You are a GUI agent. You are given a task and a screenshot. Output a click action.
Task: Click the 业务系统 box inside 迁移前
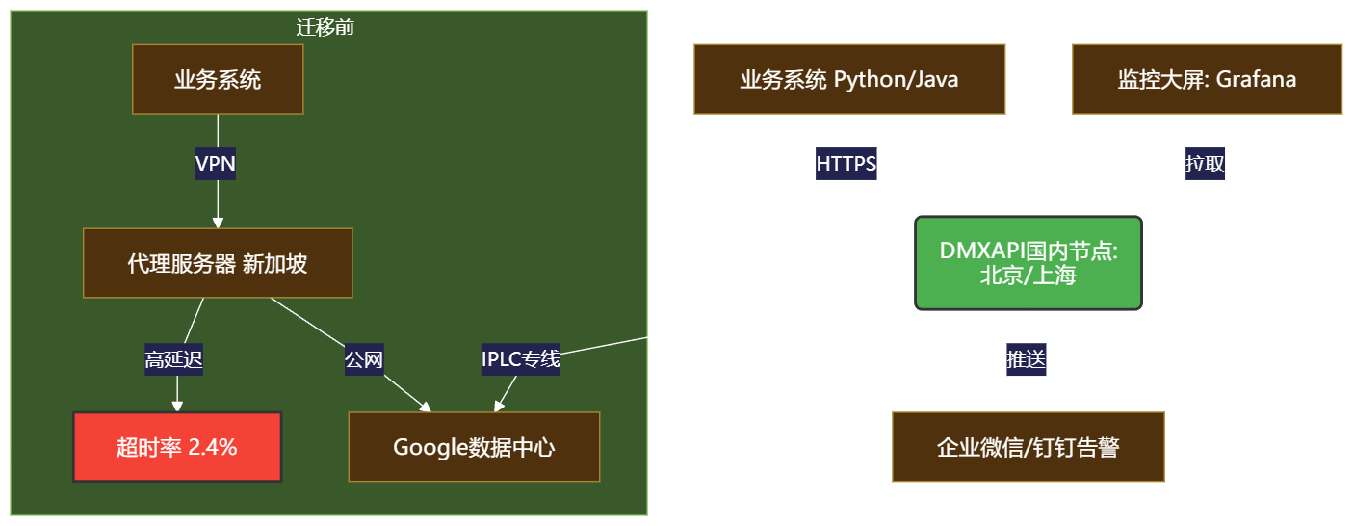[x=218, y=79]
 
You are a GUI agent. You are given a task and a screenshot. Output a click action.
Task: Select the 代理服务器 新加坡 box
[x=218, y=263]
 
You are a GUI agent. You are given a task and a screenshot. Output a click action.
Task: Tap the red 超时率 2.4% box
[x=177, y=447]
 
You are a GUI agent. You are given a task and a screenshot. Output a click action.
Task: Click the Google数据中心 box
[x=474, y=447]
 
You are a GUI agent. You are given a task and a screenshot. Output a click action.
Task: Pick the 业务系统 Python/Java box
[x=849, y=79]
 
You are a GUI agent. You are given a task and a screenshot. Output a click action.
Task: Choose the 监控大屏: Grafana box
[x=1207, y=79]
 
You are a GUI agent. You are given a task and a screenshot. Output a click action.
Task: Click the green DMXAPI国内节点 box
[x=1028, y=263]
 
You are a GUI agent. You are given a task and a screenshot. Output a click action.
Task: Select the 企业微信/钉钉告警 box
[x=1028, y=447]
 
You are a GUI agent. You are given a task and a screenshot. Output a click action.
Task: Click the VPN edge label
[x=216, y=164]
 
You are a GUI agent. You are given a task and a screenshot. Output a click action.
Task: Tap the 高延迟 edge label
[x=174, y=360]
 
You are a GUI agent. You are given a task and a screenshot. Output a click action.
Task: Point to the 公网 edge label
[x=364, y=360]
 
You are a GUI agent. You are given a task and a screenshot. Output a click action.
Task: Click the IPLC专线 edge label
[x=520, y=360]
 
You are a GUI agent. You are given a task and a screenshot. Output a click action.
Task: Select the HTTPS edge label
[x=846, y=164]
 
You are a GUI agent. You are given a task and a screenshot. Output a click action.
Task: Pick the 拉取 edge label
[x=1205, y=164]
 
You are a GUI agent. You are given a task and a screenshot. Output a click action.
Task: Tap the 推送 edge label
[x=1027, y=360]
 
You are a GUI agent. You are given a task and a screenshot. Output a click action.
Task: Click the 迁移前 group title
[x=325, y=27]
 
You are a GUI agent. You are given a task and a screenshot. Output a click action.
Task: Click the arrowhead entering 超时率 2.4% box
[x=177, y=407]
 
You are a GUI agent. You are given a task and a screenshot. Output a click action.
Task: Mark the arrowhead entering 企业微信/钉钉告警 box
[x=1028, y=407]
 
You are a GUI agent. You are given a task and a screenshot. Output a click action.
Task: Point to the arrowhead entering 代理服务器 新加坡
[x=218, y=223]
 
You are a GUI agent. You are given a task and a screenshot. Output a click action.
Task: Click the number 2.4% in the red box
[x=213, y=447]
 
